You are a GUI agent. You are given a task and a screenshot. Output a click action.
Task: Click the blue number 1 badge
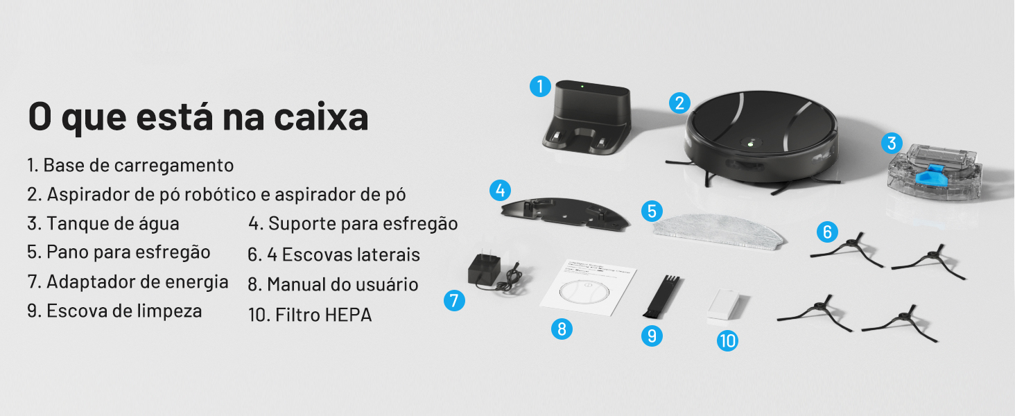pos(540,87)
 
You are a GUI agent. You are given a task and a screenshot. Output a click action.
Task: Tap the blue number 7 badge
pos(454,300)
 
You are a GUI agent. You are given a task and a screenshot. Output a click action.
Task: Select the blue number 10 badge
pos(727,340)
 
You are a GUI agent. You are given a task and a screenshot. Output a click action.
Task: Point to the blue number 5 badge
pos(652,211)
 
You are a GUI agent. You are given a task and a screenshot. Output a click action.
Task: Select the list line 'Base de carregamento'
pos(130,166)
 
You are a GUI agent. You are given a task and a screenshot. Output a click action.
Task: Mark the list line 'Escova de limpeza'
pos(115,311)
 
